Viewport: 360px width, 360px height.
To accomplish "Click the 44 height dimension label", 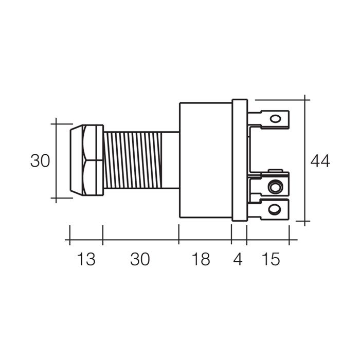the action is point(320,161).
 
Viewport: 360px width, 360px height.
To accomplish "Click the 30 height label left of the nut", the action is point(40,160).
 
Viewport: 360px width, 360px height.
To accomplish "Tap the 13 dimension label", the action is point(86,259).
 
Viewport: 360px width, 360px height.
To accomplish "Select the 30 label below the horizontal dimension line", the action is point(140,259).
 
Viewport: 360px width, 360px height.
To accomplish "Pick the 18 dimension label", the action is point(201,259).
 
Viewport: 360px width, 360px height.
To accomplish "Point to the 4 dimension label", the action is point(238,259).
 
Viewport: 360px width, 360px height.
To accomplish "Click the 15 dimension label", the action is point(271,259).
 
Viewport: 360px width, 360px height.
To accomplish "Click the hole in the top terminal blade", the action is point(275,119).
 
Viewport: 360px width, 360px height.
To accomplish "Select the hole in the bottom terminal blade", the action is point(275,209).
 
